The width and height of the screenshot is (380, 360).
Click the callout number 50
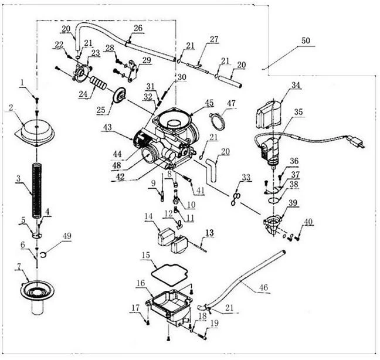tap(306, 41)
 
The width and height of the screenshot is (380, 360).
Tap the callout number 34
tap(296, 86)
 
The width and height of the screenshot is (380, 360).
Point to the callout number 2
tap(11, 107)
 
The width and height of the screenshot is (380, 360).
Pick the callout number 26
tap(138, 28)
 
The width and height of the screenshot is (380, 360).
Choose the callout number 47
tap(231, 104)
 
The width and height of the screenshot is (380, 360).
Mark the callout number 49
tap(67, 236)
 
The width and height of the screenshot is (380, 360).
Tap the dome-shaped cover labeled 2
tap(38, 130)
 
